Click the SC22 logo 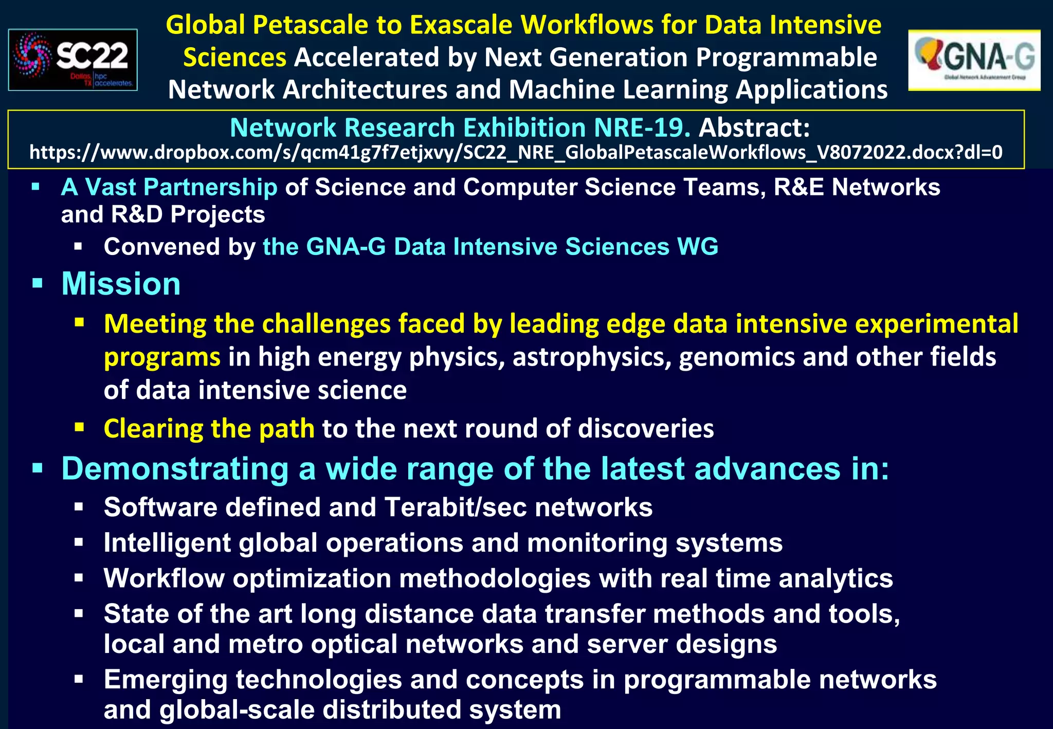[72, 60]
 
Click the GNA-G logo [974, 60]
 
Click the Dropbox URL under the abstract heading [516, 153]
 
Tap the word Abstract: [754, 127]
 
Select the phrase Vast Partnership [181, 187]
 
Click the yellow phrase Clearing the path [209, 428]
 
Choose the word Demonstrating [175, 469]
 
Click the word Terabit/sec [455, 507]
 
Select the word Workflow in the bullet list [164, 578]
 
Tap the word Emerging [165, 680]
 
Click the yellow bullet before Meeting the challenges [79, 323]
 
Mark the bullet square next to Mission [37, 283]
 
